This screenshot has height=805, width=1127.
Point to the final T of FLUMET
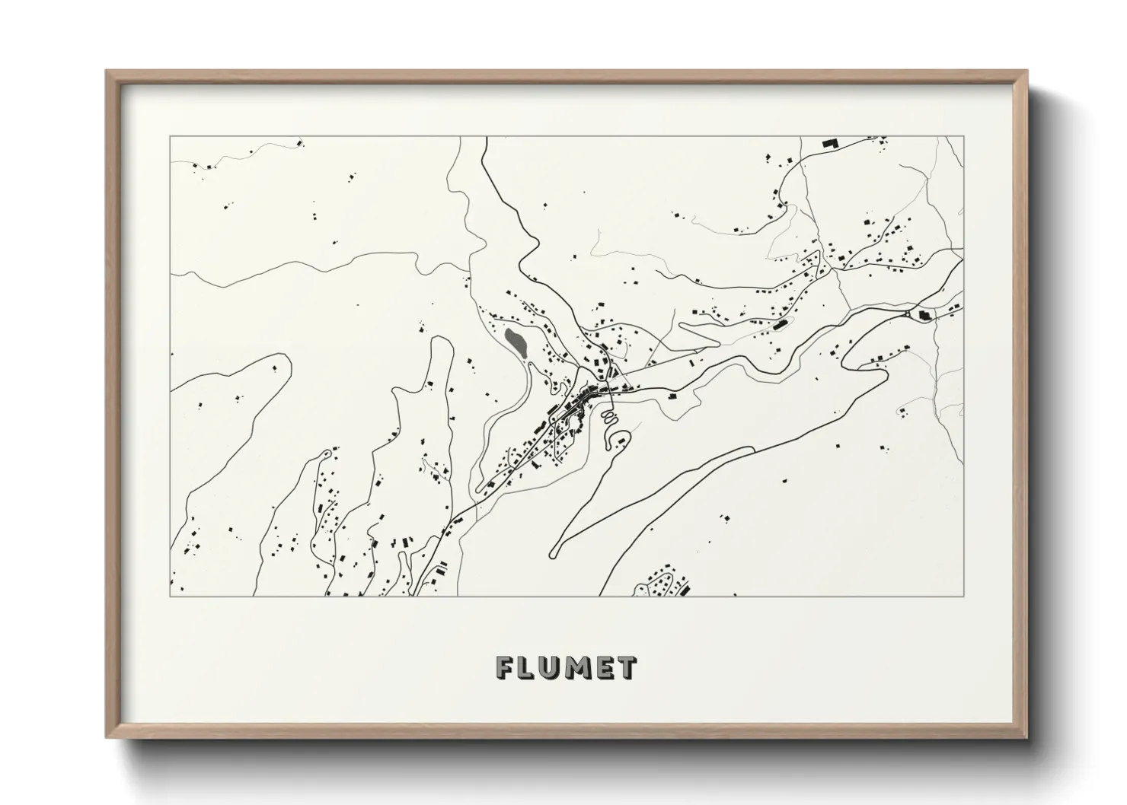627,668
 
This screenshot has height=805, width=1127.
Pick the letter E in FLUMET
604,668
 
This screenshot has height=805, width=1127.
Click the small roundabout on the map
907,314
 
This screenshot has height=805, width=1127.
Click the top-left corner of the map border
171,137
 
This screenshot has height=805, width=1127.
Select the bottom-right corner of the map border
963,596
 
